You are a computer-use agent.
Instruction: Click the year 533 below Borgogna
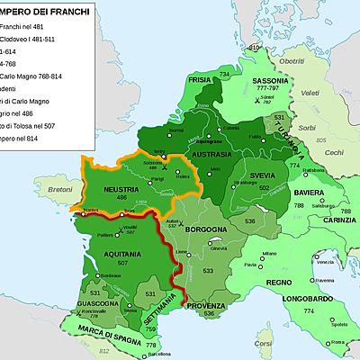pos(208,270)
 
